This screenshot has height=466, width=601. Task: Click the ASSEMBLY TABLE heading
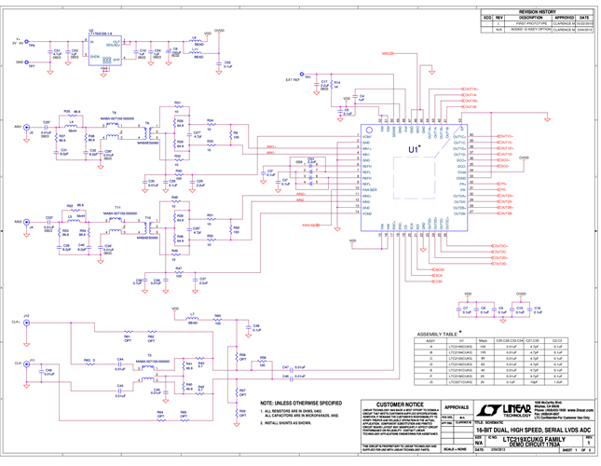point(437,333)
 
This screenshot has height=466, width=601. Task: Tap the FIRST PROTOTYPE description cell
point(529,23)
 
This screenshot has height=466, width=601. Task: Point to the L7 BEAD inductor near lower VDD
point(192,316)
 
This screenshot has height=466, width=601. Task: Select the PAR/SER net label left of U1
point(310,225)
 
